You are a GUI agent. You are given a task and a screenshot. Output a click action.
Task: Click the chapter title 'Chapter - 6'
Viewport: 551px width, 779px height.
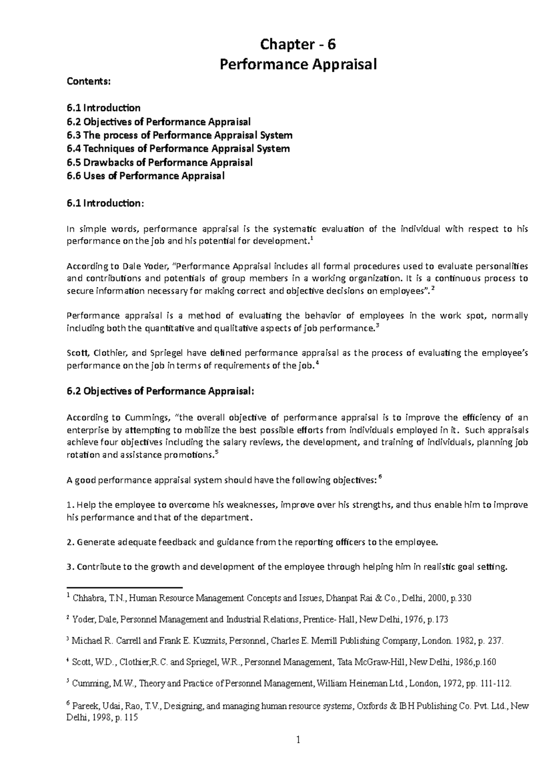(298, 45)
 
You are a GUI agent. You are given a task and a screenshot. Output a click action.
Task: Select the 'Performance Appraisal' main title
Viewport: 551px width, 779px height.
(298, 65)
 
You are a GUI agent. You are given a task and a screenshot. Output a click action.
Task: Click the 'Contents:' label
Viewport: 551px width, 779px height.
(89, 82)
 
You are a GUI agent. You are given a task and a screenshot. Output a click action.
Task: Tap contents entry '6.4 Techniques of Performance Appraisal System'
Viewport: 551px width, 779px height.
(178, 149)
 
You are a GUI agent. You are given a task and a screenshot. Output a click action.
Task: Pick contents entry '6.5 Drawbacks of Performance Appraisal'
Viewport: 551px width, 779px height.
(159, 162)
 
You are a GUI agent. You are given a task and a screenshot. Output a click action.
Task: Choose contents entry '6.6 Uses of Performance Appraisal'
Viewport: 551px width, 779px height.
(146, 176)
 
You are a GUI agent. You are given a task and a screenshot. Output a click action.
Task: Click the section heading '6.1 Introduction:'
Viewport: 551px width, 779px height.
(105, 203)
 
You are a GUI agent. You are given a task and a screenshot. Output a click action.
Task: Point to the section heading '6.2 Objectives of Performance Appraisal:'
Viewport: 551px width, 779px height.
(160, 391)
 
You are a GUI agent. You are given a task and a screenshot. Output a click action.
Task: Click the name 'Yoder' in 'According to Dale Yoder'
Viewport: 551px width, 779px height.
(159, 266)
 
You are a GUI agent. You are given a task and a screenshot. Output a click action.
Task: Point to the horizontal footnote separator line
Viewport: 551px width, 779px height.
(124, 587)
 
